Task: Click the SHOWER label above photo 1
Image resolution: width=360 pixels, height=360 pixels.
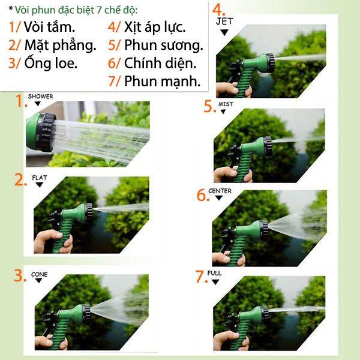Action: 40,96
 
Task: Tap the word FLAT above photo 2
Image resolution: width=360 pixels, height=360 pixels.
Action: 40,178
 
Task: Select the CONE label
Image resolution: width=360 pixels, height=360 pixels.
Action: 39,274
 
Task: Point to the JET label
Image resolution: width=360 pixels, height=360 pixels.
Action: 224,22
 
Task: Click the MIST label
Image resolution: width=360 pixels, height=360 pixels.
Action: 226,104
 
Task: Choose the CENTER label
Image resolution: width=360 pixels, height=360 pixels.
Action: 220,191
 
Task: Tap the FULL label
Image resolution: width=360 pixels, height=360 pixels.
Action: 214,273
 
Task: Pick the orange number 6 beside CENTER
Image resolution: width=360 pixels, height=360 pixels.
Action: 202,195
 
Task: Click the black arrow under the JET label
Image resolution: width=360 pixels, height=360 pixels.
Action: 224,32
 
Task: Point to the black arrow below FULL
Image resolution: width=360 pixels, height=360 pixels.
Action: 215,282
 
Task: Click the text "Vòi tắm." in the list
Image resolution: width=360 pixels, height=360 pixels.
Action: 49,27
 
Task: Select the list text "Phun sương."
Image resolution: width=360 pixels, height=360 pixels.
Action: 164,45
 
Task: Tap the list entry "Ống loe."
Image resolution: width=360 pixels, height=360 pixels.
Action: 51,63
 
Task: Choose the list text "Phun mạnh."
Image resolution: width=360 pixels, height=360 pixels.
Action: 163,81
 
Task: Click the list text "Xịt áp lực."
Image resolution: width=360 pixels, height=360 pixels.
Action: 155,27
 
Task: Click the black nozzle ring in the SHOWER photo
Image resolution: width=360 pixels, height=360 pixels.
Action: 46,133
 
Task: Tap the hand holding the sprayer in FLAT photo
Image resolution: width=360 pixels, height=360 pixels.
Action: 53,242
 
